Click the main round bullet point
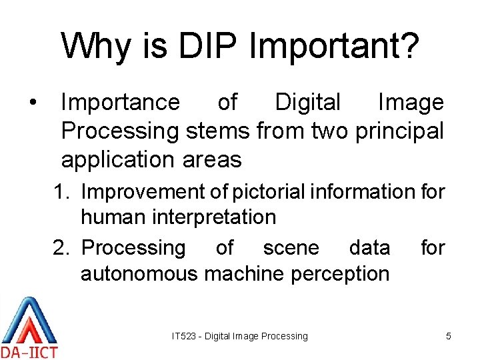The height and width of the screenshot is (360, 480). click(32, 103)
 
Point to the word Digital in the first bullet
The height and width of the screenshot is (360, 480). click(307, 103)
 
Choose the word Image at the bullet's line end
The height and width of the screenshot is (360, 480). click(411, 103)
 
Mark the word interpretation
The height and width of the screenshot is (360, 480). click(214, 217)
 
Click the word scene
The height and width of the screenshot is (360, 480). click(291, 248)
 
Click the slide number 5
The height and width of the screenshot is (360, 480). click(449, 337)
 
